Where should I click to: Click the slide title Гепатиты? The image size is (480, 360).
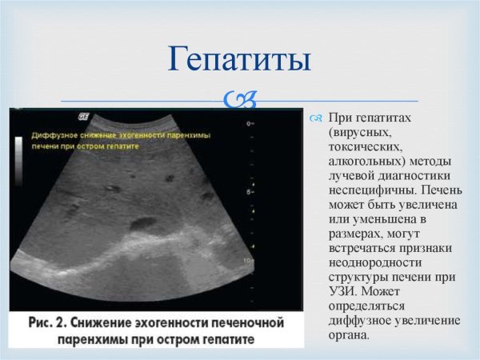click(239, 60)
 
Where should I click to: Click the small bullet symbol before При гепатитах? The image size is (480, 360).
click(314, 118)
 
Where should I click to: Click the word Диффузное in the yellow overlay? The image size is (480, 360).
click(55, 136)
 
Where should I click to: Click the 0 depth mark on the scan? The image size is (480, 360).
click(250, 124)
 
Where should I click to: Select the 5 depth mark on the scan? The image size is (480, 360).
click(250, 193)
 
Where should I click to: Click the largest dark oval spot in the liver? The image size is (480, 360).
click(145, 223)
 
